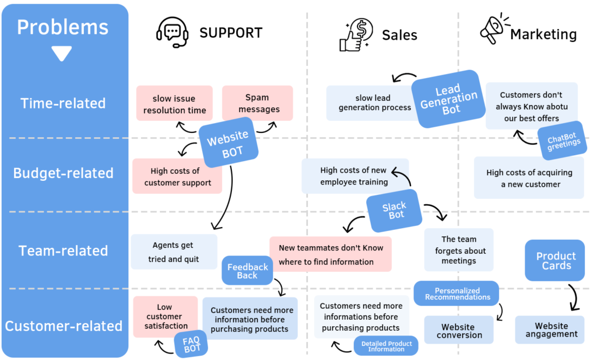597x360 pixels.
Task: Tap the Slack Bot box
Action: (x=395, y=210)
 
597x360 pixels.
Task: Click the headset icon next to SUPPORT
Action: (x=172, y=33)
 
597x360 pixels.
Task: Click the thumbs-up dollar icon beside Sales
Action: (x=357, y=34)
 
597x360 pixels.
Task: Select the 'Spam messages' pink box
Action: (x=258, y=103)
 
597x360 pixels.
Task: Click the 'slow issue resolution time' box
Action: (x=174, y=104)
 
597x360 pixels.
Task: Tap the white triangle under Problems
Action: (x=61, y=54)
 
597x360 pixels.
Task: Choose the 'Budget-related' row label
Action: (x=63, y=173)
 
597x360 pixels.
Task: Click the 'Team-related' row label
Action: (x=63, y=251)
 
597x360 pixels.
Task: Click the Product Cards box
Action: (x=555, y=260)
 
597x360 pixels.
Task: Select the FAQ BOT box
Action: (x=191, y=344)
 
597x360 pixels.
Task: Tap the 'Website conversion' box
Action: (x=459, y=331)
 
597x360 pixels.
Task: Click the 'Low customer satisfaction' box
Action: (x=164, y=316)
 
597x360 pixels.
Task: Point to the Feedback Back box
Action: (x=247, y=271)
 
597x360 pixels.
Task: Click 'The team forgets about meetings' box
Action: (x=459, y=250)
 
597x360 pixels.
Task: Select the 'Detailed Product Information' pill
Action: (x=386, y=345)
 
